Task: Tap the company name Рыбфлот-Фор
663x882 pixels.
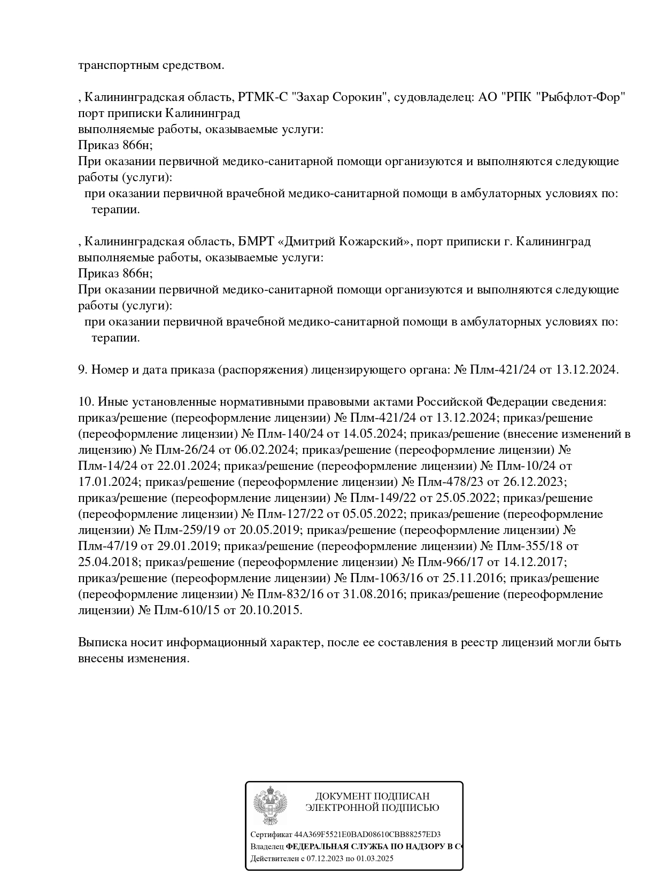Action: point(583,97)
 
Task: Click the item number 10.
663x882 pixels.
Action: point(85,402)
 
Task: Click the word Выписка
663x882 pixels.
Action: point(102,643)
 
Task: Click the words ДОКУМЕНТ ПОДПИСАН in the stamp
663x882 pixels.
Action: point(372,796)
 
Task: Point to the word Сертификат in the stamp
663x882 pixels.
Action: point(271,835)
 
